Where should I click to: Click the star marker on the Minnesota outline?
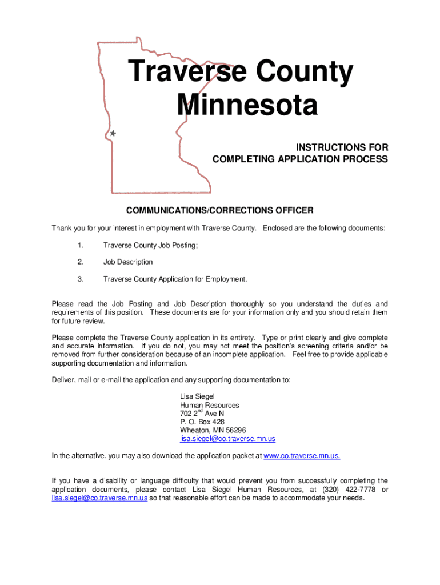(x=113, y=133)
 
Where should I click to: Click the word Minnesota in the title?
(x=247, y=106)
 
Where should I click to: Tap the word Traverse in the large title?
(x=186, y=73)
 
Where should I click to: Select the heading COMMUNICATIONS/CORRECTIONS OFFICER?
(x=219, y=211)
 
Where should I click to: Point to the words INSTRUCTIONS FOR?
(x=342, y=148)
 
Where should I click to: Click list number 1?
(x=81, y=245)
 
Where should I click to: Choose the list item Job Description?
(x=128, y=262)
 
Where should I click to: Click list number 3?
(x=81, y=279)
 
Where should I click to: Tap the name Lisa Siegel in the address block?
(x=197, y=396)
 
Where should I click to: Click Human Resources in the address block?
(x=210, y=405)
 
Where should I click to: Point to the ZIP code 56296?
(x=236, y=430)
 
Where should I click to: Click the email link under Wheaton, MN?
(x=227, y=439)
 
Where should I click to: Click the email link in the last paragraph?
(x=99, y=498)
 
